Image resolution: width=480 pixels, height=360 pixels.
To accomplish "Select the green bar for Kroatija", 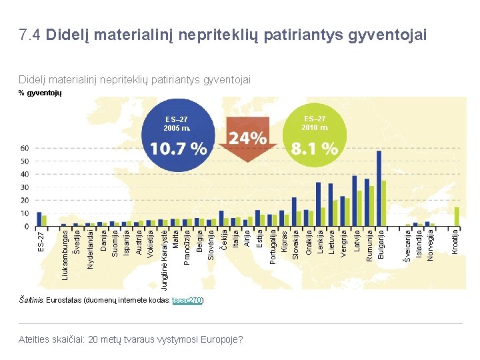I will tap(457, 217).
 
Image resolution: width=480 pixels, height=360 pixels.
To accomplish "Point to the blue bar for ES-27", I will tap(39, 219).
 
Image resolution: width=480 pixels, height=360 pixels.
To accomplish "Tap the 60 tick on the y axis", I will tap(25, 148).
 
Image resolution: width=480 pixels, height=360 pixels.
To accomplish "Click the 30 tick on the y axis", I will tap(25, 187).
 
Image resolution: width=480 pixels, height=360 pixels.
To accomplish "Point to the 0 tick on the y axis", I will tap(27, 227).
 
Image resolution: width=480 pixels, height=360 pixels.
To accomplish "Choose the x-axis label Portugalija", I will tap(272, 247).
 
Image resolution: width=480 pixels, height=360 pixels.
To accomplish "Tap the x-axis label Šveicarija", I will tap(407, 245).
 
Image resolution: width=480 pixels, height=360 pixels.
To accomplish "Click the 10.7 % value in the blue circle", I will tap(177, 149).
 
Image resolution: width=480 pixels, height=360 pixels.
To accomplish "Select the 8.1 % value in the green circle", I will tap(314, 149).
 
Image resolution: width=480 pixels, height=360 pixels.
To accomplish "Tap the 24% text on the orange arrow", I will tap(247, 139).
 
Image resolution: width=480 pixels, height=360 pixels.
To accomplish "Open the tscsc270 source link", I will tap(187, 301).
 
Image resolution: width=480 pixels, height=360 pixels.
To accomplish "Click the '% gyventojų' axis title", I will tap(39, 93).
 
